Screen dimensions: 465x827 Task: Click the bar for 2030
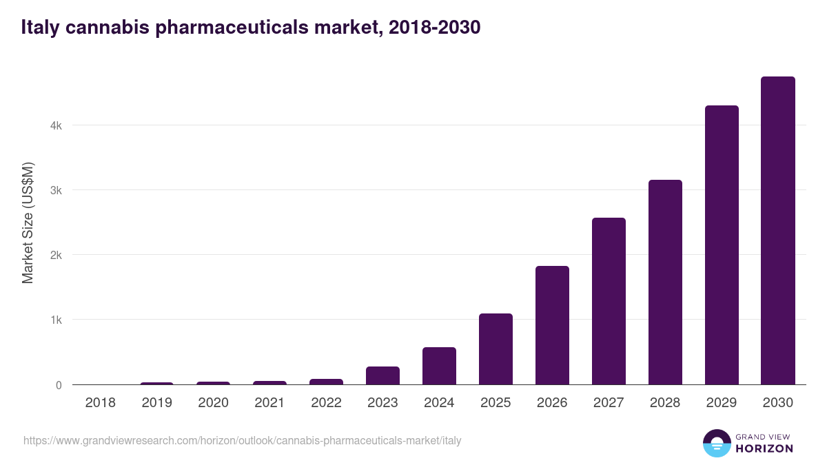click(x=778, y=231)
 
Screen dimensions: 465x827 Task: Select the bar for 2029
click(x=722, y=245)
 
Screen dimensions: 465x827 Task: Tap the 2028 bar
click(x=665, y=282)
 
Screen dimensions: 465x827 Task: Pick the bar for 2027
click(x=609, y=301)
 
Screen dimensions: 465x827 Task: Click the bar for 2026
click(x=552, y=325)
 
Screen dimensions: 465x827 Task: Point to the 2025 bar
click(x=496, y=349)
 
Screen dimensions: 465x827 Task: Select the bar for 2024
click(x=439, y=366)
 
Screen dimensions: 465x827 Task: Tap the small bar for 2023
click(x=382, y=375)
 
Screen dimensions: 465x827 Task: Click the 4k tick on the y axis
click(x=56, y=126)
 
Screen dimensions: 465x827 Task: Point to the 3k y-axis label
click(x=56, y=191)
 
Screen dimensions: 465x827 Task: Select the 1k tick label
click(x=56, y=320)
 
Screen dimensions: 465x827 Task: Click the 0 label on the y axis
click(x=59, y=385)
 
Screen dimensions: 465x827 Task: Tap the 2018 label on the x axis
click(x=100, y=403)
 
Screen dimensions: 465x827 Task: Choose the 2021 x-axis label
click(x=269, y=403)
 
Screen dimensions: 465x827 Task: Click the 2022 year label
click(x=326, y=403)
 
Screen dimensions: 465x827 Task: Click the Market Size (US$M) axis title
click(x=28, y=222)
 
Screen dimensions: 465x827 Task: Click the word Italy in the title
click(x=39, y=28)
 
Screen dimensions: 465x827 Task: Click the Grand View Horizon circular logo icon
click(x=716, y=443)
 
